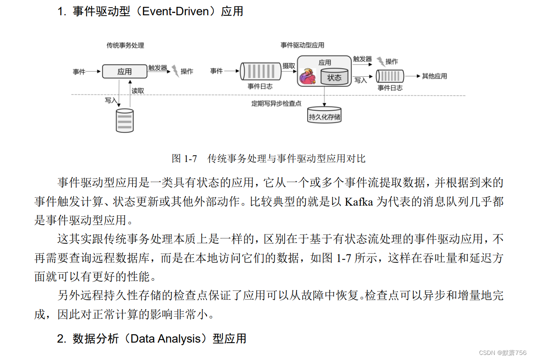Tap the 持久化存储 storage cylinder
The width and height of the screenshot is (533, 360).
pyautogui.click(x=325, y=115)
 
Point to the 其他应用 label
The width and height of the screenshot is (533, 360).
pyautogui.click(x=434, y=76)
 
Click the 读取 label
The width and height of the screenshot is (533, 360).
pyautogui.click(x=137, y=91)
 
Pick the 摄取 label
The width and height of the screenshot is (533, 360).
pyautogui.click(x=289, y=66)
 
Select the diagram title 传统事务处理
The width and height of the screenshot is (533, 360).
pyautogui.click(x=125, y=45)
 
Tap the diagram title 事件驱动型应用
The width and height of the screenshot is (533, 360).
pyautogui.click(x=302, y=45)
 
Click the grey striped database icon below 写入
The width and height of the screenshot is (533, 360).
pyautogui.click(x=124, y=120)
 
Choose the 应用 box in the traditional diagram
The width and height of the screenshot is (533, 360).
pyautogui.click(x=124, y=71)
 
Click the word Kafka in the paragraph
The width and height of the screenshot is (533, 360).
pyautogui.click(x=359, y=202)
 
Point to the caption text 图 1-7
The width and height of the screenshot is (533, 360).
pyautogui.click(x=185, y=159)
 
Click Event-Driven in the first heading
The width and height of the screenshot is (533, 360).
pyautogui.click(x=176, y=11)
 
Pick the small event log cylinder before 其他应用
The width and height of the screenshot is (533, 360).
pyautogui.click(x=390, y=77)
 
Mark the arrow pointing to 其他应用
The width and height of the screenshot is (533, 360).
pyautogui.click(x=412, y=76)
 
